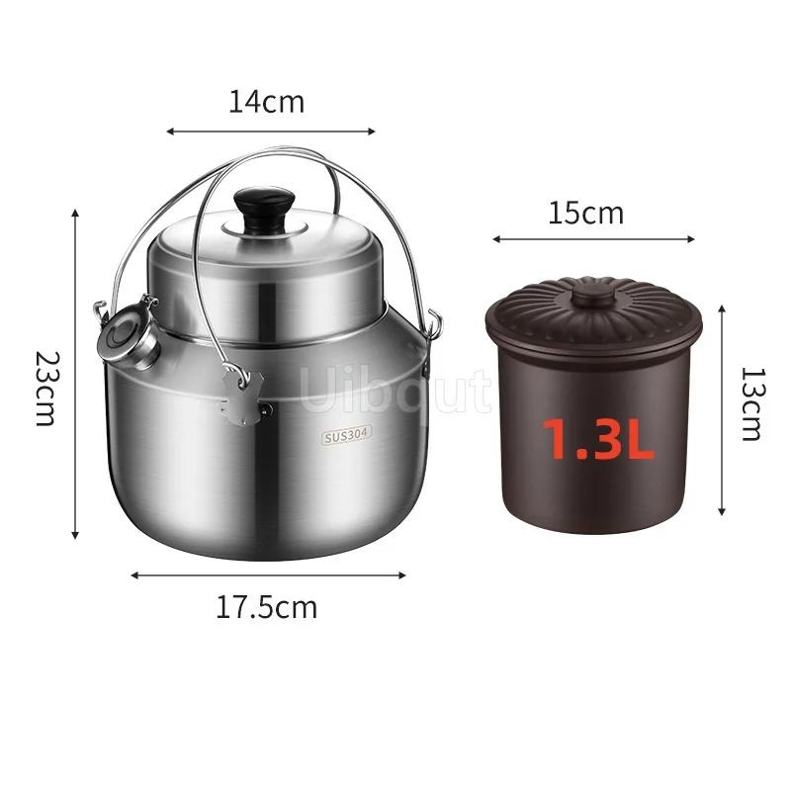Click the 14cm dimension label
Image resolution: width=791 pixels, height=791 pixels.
267,102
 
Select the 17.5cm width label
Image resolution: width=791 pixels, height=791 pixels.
266,607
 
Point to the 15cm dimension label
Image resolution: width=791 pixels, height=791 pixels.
585,213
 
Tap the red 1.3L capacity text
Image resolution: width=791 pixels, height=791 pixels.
598,439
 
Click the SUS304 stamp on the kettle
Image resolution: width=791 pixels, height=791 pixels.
347,435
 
